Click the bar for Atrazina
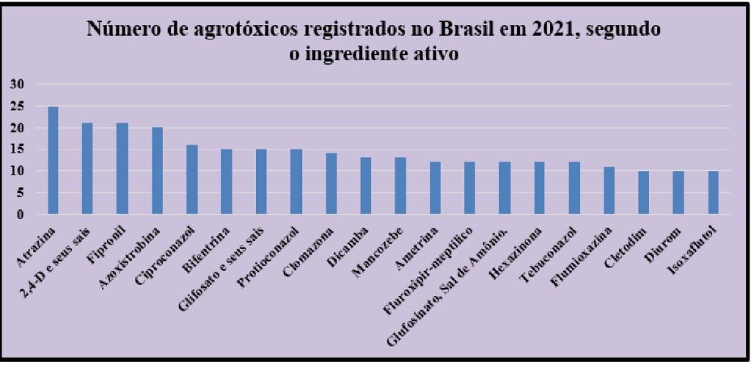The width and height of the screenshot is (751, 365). click(53, 161)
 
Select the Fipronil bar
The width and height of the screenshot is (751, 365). click(122, 169)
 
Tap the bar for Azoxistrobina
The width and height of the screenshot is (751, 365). click(157, 171)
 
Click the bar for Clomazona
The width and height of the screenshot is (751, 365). click(331, 184)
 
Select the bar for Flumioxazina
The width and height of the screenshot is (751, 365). click(609, 191)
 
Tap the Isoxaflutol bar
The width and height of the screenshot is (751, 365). click(713, 193)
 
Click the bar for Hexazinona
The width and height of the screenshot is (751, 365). click(539, 188)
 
